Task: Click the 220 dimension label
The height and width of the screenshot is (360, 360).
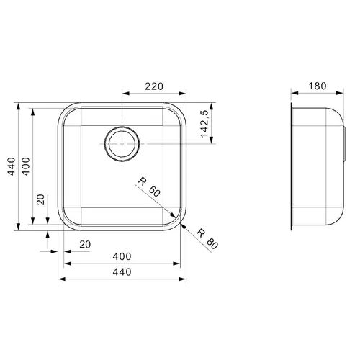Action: (154, 86)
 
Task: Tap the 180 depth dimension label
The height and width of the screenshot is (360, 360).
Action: (318, 86)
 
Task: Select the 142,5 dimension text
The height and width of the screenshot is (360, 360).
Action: (204, 124)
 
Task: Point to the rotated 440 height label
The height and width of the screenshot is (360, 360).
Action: (12, 166)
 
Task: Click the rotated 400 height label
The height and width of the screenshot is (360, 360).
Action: (26, 166)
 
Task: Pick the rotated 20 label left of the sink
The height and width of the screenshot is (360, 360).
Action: (40, 199)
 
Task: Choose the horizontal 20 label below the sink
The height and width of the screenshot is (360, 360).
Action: (85, 245)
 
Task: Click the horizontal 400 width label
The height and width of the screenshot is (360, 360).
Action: (122, 256)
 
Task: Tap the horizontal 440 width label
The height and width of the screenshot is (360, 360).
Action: (122, 272)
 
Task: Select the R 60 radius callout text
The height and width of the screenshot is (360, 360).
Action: (149, 187)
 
